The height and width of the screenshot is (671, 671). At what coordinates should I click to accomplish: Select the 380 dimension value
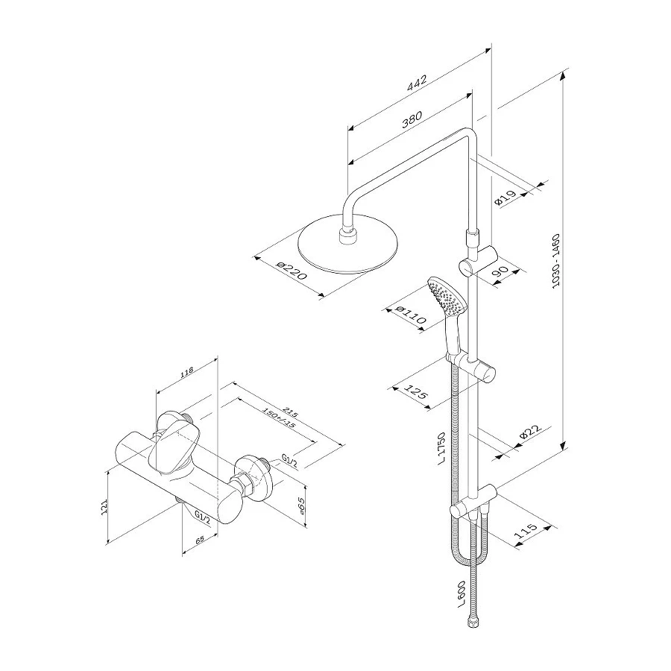412,119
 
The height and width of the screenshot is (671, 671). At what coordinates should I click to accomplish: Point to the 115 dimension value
526,533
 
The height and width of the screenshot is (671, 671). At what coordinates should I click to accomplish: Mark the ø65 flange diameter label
301,507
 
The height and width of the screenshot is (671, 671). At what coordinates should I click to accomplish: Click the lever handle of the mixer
176,444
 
